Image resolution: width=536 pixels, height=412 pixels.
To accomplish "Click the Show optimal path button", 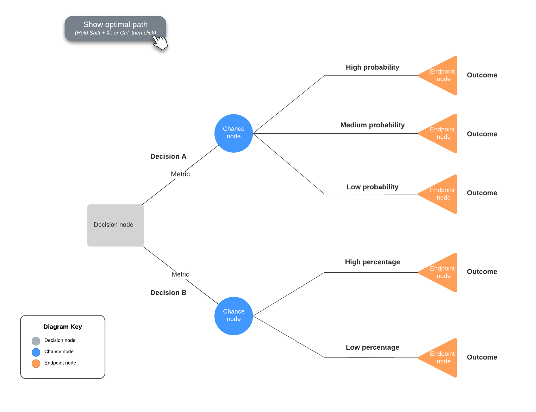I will (115, 28).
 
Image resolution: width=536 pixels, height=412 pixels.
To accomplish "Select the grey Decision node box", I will (115, 225).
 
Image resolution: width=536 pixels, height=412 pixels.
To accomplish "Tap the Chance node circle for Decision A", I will (233, 133).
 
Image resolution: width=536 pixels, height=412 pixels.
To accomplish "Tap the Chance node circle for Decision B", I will (233, 316).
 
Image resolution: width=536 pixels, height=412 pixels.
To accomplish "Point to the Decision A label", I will (168, 157).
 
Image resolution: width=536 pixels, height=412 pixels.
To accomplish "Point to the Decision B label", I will (168, 293).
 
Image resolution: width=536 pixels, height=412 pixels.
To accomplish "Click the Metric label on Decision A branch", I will (180, 174).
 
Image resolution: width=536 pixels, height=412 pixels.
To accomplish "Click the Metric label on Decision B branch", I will (180, 274).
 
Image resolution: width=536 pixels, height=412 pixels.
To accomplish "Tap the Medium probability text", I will (372, 125).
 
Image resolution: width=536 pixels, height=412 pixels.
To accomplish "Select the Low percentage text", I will (372, 348).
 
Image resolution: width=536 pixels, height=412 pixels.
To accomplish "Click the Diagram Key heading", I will (62, 327).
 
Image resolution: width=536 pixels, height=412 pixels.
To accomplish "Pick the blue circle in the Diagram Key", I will (36, 352).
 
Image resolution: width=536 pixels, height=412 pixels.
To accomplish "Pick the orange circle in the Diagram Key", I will (36, 363).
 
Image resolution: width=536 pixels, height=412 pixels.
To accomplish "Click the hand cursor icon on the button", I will (161, 43).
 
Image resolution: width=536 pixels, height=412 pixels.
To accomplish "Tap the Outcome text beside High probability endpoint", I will (482, 75).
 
